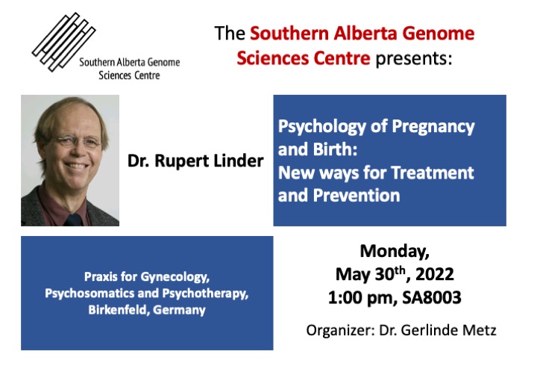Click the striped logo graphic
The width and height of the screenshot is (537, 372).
click(63, 42)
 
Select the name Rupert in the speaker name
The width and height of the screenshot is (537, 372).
click(180, 161)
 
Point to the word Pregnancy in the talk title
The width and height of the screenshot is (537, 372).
click(433, 127)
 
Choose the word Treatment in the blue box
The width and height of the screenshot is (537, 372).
click(433, 172)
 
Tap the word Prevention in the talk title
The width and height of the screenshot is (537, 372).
click(357, 196)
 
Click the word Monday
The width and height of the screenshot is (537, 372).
click(395, 251)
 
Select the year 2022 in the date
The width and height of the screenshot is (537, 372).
click(435, 274)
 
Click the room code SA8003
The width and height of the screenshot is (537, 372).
click(432, 297)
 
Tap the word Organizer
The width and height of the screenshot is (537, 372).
click(340, 330)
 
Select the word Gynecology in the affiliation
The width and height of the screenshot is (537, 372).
click(175, 277)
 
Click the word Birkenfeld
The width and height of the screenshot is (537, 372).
click(119, 309)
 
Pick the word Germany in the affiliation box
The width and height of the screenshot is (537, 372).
click(179, 310)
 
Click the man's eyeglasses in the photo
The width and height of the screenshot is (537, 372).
click(78, 141)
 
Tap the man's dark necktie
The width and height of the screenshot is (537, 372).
click(73, 220)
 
